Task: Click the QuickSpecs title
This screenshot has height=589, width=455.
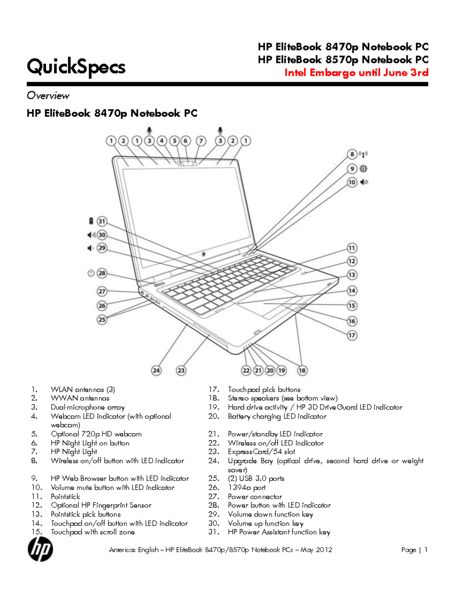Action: click(x=76, y=67)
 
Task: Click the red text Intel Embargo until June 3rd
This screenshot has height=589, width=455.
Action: click(x=356, y=72)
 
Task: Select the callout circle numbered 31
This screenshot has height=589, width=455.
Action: click(x=102, y=221)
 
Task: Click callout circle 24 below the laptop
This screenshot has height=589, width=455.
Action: click(x=156, y=371)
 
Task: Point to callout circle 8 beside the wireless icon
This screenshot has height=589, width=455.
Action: click(x=352, y=154)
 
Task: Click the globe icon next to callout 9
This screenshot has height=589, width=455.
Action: click(x=363, y=169)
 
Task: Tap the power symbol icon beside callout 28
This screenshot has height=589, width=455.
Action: click(x=91, y=273)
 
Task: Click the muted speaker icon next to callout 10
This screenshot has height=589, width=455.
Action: click(x=364, y=182)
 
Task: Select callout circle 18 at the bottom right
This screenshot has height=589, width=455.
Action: click(x=302, y=371)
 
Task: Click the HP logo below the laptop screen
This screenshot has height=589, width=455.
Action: click(x=204, y=254)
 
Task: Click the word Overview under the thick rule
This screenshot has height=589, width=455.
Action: click(x=48, y=96)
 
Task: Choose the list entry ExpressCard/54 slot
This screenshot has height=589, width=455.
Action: click(x=261, y=452)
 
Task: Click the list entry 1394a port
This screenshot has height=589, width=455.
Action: click(x=246, y=487)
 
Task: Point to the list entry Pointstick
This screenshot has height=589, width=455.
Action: click(x=65, y=496)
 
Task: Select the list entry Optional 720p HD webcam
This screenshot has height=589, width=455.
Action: click(x=96, y=434)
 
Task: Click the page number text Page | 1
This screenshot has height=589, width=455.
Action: click(x=414, y=550)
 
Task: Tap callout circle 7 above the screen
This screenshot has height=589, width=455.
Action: click(x=201, y=141)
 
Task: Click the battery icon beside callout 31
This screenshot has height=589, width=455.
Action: click(x=91, y=221)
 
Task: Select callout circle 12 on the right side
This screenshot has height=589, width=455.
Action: click(x=352, y=261)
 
